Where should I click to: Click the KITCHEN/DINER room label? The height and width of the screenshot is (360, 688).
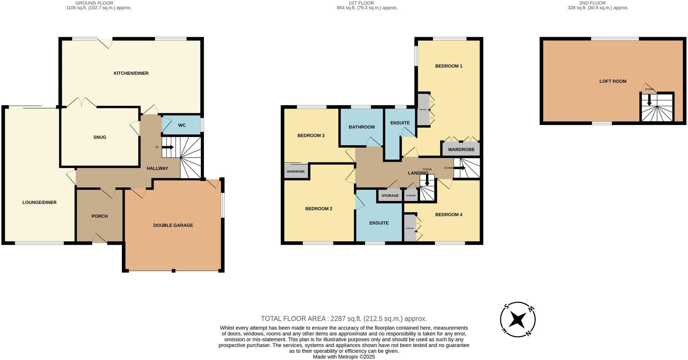click(x=131, y=73)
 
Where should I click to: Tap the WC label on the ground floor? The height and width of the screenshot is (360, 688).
click(x=182, y=125)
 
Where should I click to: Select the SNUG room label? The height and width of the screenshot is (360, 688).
click(x=100, y=137)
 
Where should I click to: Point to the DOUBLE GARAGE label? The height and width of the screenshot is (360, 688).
click(x=173, y=225)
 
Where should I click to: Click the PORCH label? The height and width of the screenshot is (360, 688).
click(x=99, y=216)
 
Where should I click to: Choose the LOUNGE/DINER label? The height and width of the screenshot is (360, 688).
click(x=39, y=202)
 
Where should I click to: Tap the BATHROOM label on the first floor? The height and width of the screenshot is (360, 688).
click(x=361, y=127)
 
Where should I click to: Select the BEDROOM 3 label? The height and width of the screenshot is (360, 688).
click(x=311, y=136)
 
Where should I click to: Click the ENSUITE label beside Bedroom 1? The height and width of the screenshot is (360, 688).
click(x=400, y=123)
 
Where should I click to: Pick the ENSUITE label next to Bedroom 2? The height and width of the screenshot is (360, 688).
click(x=379, y=223)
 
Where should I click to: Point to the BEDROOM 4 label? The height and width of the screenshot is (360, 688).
click(x=449, y=215)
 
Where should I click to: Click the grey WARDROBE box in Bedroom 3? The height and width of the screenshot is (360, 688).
click(x=296, y=172)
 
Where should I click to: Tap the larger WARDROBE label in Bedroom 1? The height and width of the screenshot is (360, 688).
click(x=461, y=150)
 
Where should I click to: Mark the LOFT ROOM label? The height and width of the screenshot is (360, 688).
click(x=613, y=81)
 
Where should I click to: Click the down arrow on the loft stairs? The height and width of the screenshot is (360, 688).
click(x=649, y=100)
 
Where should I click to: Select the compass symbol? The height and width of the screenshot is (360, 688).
click(x=517, y=320)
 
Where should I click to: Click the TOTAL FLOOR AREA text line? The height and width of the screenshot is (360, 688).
click(x=344, y=318)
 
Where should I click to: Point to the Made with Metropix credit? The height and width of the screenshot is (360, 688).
click(x=344, y=357)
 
